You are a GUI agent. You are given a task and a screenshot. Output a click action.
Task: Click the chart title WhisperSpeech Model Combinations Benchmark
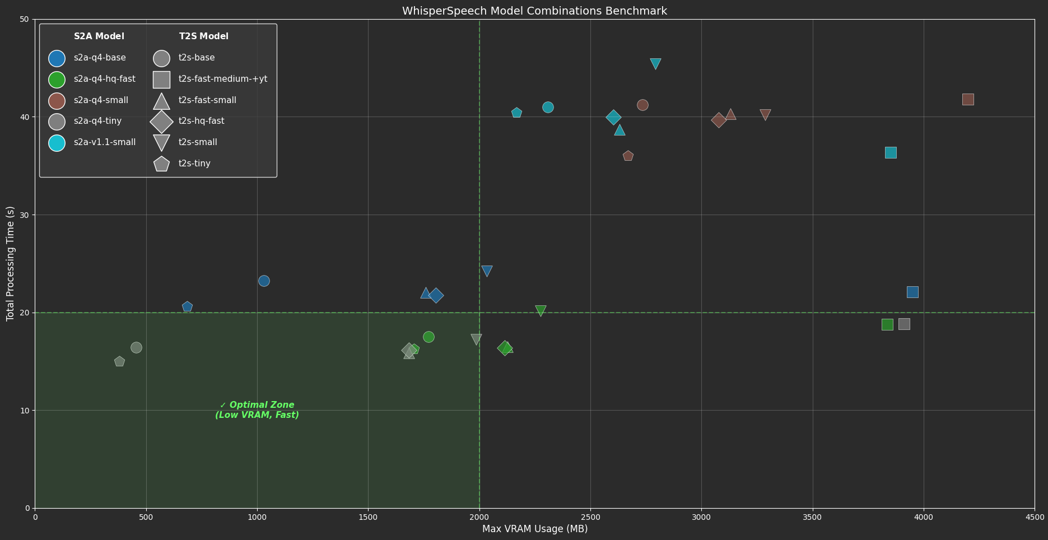[534, 11]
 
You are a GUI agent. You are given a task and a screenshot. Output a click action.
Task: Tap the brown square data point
[967, 99]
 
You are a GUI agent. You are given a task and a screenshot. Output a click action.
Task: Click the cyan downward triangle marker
[655, 63]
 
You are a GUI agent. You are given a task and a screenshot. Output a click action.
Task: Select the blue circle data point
[264, 281]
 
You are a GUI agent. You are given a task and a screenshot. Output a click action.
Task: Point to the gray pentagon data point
[119, 361]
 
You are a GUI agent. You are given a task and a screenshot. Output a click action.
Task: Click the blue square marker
[912, 292]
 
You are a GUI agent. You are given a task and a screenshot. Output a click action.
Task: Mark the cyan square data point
[890, 152]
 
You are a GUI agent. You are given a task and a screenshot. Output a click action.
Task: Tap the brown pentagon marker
[628, 156]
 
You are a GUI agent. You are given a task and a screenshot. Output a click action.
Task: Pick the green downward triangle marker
[541, 310]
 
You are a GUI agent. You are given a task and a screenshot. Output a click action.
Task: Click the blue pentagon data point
[187, 306]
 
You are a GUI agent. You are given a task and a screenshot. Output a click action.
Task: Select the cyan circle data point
[548, 107]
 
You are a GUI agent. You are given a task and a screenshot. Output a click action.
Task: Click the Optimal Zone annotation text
[257, 409]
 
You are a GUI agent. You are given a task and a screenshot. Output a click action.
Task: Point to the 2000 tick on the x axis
[479, 517]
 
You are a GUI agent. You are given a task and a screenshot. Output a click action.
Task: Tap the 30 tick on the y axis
[25, 215]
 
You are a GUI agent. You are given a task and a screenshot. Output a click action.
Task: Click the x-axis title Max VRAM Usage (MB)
[534, 529]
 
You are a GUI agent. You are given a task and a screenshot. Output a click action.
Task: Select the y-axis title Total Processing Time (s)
[10, 263]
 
